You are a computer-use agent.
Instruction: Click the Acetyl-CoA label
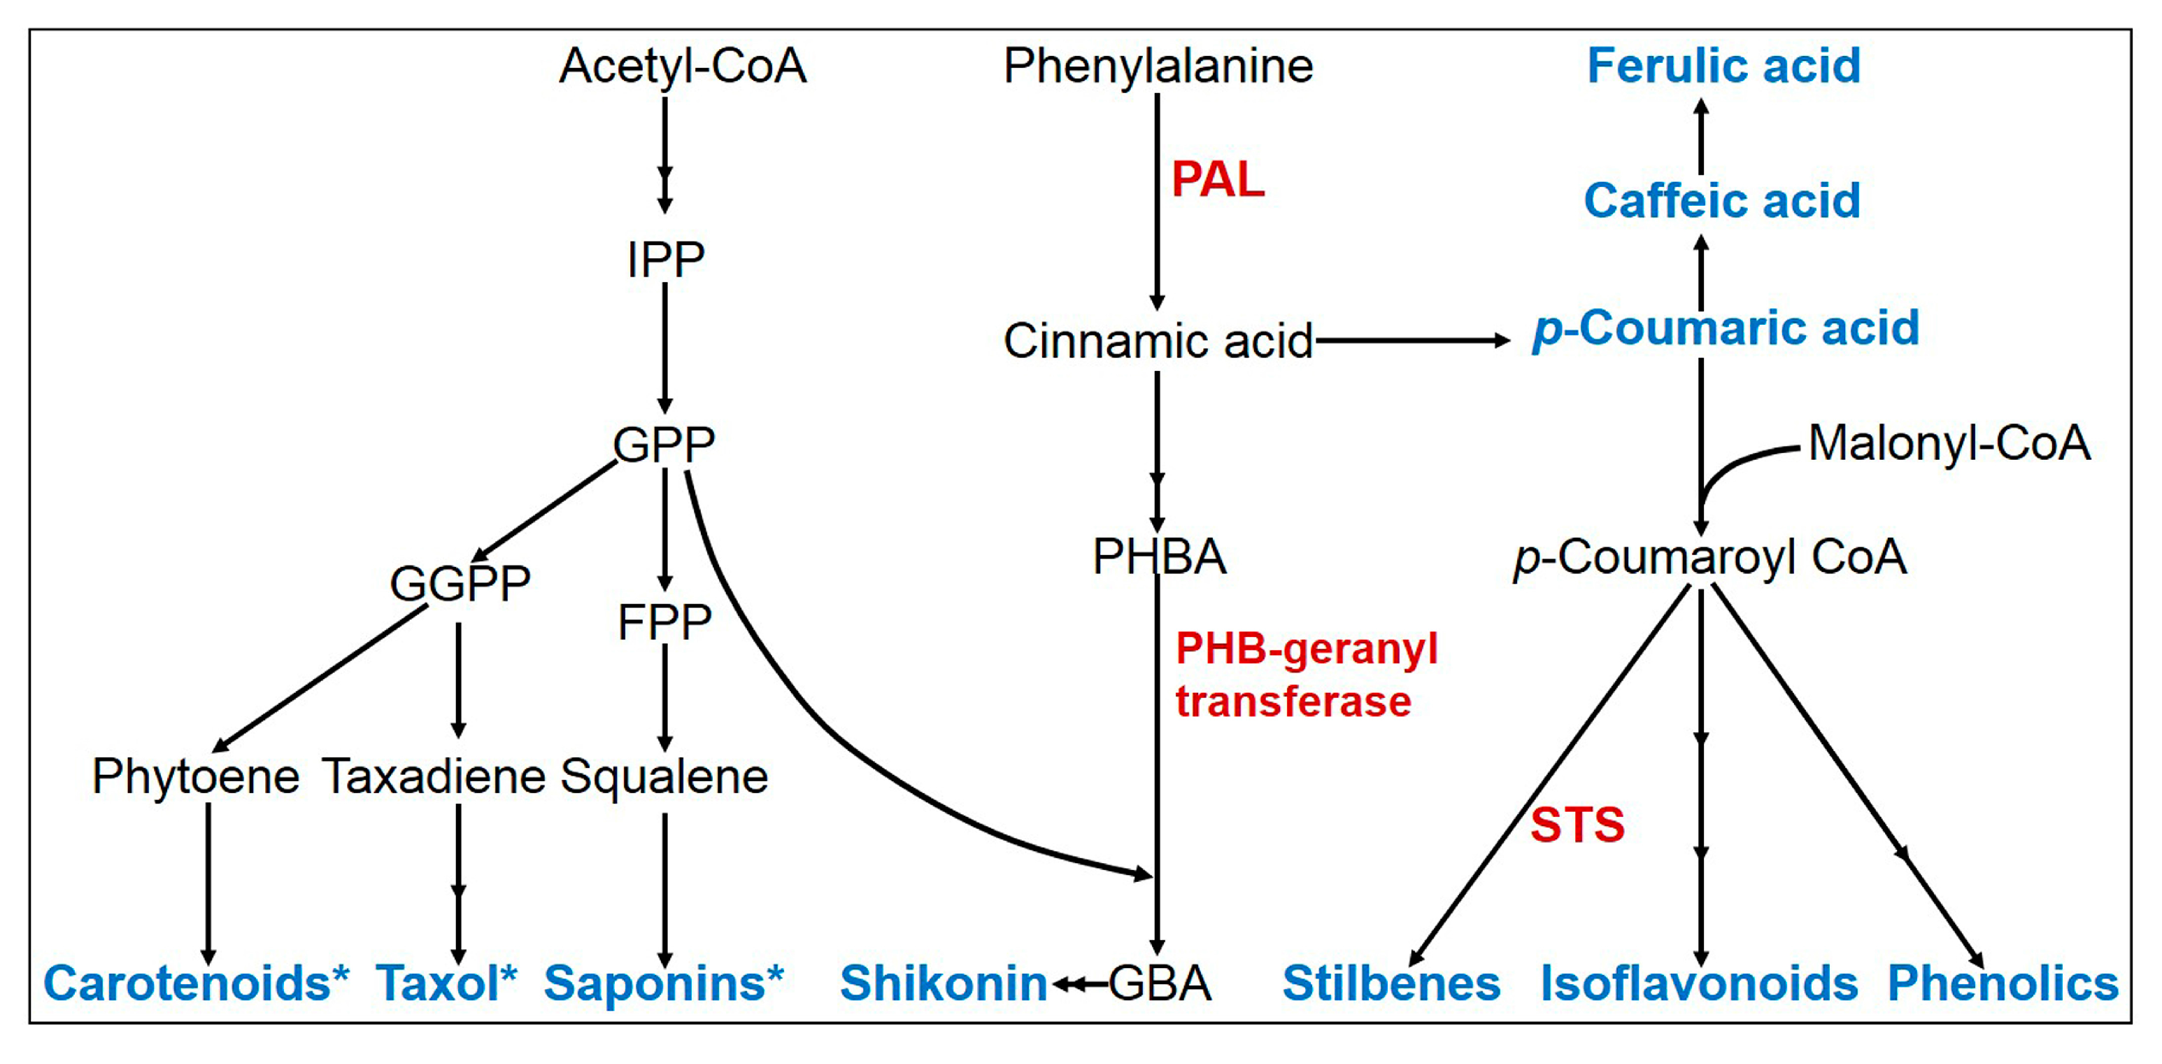pos(683,67)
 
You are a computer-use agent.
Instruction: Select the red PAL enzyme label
pos(1217,180)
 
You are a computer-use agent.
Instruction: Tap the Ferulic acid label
pos(1724,66)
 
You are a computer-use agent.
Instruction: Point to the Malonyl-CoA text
pos(1949,443)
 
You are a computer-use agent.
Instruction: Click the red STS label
pos(1577,825)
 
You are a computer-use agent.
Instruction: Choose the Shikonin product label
pos(944,983)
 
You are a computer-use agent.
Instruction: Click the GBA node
pos(1160,983)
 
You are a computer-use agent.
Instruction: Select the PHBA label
pos(1159,556)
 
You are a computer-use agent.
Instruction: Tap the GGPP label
pos(460,584)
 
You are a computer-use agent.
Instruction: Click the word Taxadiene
pos(434,777)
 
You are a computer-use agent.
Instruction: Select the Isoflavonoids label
pos(1699,983)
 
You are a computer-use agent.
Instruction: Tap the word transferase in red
pos(1293,702)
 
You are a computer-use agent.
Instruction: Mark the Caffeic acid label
pos(1722,202)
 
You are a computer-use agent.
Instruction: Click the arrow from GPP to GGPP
pos(546,510)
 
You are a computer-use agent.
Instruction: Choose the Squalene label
pos(664,777)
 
